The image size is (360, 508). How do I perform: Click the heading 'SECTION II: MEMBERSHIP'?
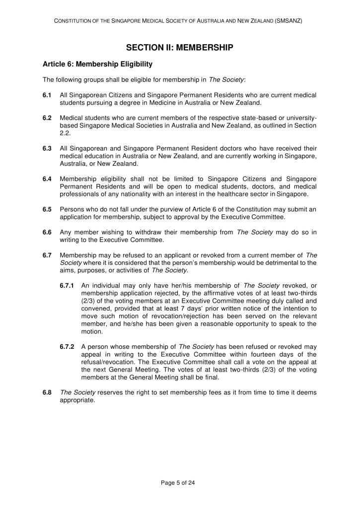point(179,48)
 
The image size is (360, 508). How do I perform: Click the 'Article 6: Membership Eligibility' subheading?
point(97,64)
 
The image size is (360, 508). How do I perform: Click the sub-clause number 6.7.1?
point(68,286)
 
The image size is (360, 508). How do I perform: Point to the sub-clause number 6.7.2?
point(68,347)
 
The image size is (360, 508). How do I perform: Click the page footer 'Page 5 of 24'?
point(179,482)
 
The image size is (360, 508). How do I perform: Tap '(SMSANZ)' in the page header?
point(288,21)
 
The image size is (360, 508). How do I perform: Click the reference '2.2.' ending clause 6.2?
point(65,133)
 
